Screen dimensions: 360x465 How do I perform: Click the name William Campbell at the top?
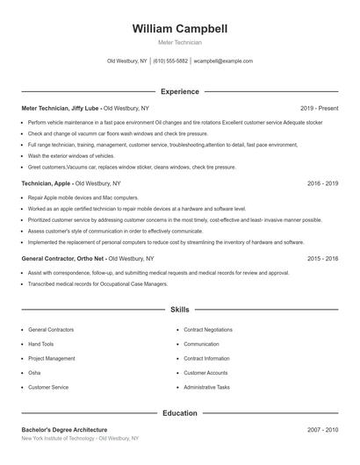click(180, 29)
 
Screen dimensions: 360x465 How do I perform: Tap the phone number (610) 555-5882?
click(170, 61)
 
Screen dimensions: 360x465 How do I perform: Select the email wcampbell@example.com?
click(223, 61)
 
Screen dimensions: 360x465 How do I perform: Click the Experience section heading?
click(180, 91)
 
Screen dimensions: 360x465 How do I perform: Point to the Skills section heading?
click(180, 310)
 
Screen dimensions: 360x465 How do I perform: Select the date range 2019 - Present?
click(319, 108)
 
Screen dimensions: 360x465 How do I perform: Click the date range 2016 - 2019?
click(322, 183)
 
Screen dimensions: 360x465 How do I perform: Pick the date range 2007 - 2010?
click(322, 430)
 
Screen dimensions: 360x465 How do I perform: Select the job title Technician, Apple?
click(47, 183)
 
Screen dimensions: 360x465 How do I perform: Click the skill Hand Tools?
click(41, 344)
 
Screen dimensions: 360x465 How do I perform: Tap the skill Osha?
click(35, 373)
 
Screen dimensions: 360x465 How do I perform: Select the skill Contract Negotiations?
click(207, 330)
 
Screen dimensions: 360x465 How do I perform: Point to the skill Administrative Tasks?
click(206, 387)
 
